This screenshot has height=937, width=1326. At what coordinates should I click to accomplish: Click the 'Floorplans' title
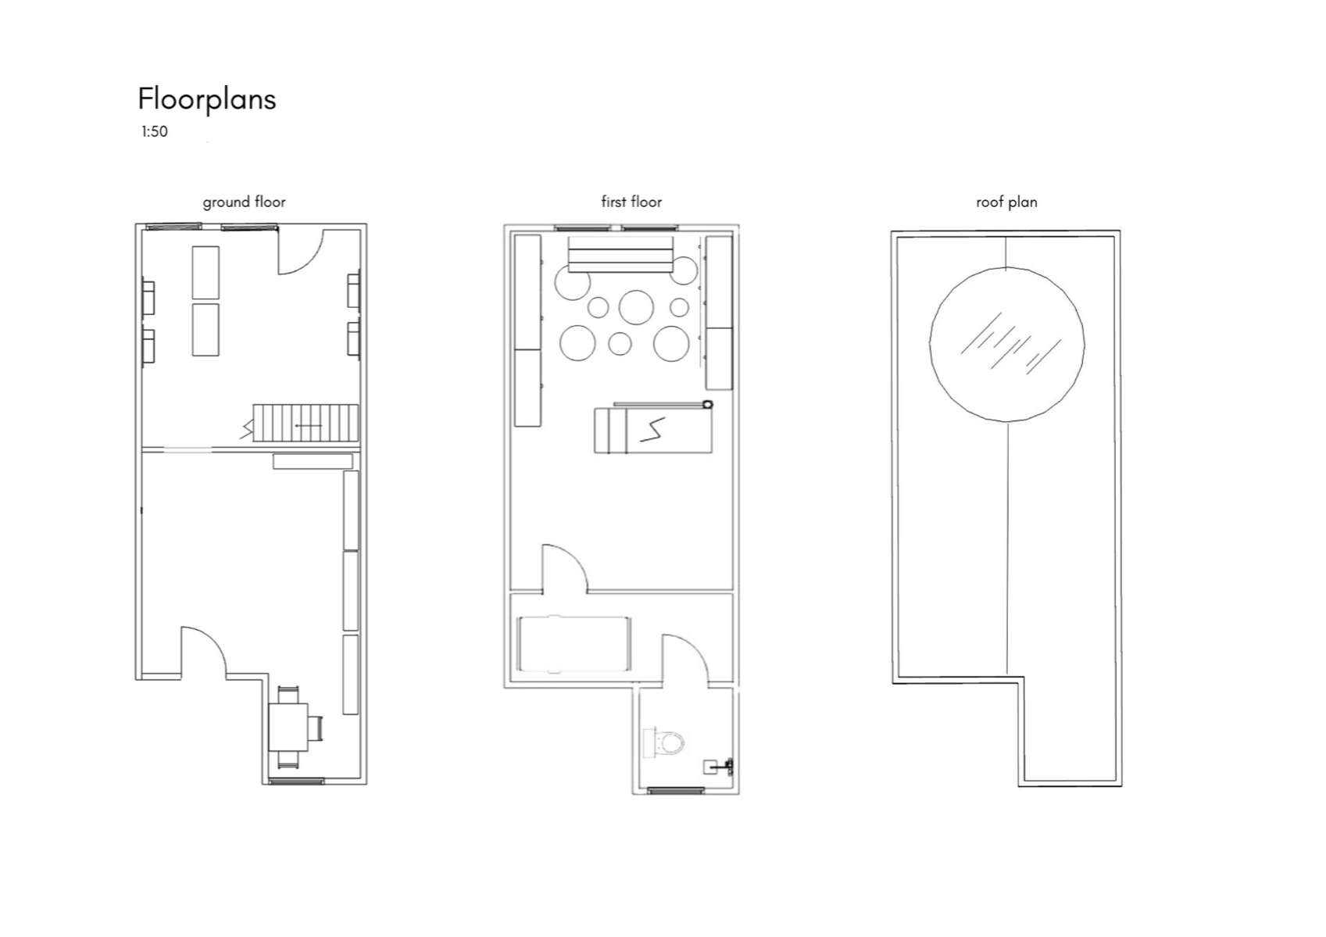click(206, 99)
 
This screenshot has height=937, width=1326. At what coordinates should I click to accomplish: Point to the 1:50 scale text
click(155, 131)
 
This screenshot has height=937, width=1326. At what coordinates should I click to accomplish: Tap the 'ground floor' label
click(244, 202)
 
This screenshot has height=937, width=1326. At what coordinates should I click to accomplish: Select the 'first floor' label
click(631, 202)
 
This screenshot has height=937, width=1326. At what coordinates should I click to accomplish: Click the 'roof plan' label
click(1006, 202)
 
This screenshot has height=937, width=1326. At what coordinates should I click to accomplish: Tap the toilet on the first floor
click(663, 742)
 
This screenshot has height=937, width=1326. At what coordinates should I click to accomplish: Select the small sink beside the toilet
click(718, 767)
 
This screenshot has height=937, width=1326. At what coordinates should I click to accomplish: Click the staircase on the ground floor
click(306, 423)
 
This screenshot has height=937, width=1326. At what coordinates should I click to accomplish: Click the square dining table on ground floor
click(288, 727)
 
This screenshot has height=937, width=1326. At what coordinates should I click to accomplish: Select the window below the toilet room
click(675, 790)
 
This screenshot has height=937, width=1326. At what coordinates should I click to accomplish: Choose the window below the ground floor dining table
click(297, 781)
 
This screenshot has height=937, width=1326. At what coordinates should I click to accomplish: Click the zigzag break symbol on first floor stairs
click(652, 430)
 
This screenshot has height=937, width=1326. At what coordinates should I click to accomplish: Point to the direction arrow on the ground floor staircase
click(309, 426)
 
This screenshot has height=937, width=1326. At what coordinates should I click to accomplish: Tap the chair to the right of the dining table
click(316, 728)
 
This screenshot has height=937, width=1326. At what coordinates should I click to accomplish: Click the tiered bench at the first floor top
click(620, 255)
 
